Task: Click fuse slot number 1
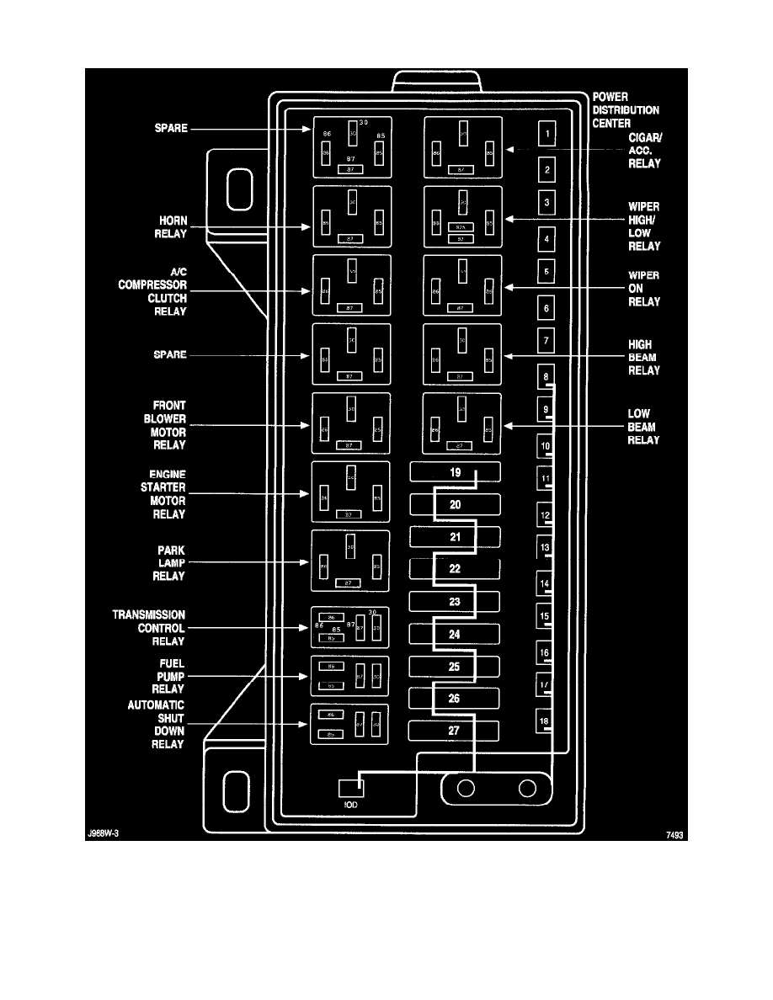(x=547, y=134)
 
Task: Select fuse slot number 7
(x=546, y=342)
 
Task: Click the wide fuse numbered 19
(x=455, y=472)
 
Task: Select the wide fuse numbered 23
(x=455, y=602)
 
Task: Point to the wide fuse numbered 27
(x=455, y=731)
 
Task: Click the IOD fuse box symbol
(x=350, y=789)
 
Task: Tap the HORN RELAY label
(x=170, y=227)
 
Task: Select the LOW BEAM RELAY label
(x=643, y=426)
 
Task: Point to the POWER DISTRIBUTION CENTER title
(x=626, y=110)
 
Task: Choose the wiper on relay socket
(x=462, y=287)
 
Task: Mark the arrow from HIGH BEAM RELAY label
(x=564, y=357)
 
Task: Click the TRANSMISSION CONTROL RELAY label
(x=149, y=628)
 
